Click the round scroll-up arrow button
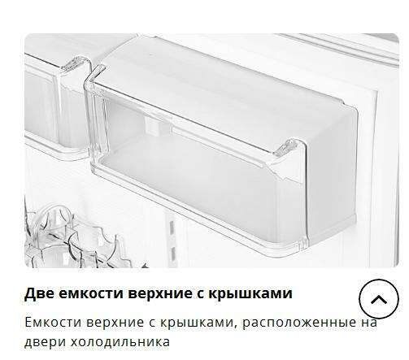379,299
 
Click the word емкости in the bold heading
91,293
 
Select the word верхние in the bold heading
160,293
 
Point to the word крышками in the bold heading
250,293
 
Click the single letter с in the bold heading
201,294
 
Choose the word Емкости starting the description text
53,323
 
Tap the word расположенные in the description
299,323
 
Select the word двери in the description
45,342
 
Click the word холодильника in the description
120,342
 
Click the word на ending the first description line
369,323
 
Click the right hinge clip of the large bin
288,147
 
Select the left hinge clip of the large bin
95,74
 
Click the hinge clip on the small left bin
76,63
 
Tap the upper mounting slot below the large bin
172,227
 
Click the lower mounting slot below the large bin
172,253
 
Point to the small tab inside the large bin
154,126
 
